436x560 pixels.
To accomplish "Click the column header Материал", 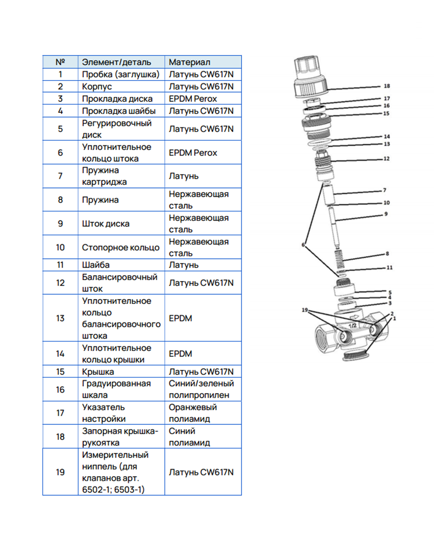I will click(189, 62).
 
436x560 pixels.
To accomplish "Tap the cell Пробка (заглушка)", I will click(120, 74).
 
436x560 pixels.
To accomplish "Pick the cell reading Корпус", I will click(96, 87).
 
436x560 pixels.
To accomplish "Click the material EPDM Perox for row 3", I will click(192, 99).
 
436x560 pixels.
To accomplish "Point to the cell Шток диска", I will click(105, 223).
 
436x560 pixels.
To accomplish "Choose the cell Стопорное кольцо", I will click(120, 247).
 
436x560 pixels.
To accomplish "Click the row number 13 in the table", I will click(60, 318).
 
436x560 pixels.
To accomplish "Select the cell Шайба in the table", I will click(95, 265).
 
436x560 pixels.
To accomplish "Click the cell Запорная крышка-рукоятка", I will click(119, 436).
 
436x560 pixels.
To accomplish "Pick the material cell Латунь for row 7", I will click(184, 176).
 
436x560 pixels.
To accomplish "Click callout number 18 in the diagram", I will click(386, 86).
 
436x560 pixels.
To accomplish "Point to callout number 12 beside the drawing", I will click(386, 159).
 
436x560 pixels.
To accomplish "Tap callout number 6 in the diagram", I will click(303, 245).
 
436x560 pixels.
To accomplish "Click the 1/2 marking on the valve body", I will click(352, 325).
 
